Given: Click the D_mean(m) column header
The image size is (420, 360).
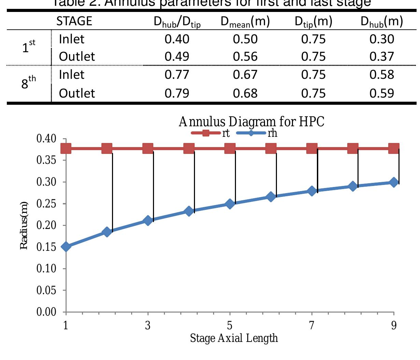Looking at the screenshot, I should pos(245,22).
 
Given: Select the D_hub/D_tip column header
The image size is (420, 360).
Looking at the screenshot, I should pos(177,22).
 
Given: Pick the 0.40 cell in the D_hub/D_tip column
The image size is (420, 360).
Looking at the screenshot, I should pos(177,39).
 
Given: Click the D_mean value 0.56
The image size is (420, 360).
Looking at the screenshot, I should pos(245,57).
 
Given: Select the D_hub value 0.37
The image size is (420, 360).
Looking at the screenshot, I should pos(381,57).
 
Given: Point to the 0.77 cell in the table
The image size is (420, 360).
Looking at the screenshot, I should pos(177,75).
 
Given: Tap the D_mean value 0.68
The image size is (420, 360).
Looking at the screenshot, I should pos(245,93).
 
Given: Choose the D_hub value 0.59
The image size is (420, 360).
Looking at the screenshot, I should pos(381,93).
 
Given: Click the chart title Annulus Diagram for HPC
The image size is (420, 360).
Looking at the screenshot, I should pos(251,121).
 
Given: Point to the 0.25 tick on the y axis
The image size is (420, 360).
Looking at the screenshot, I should pos(46,204).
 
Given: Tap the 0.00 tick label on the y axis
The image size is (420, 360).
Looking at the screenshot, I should pos(46,312).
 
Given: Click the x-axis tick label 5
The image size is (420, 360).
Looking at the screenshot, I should pos(229,326).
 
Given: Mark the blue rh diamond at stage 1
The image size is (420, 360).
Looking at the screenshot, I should pos(66,246).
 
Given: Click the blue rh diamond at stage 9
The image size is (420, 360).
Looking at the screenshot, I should pos(394,182).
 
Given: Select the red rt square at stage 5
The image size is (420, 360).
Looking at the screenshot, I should pos(230,148).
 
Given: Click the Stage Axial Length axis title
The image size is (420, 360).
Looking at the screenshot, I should pos(234,338).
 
